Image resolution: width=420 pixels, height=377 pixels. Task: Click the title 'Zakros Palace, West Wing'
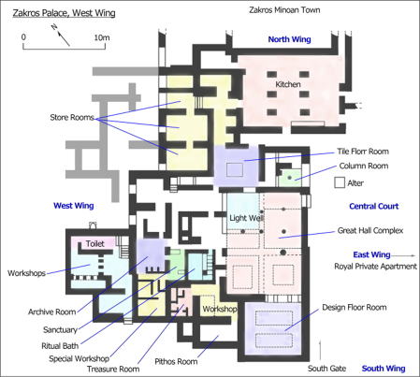pyautogui.click(x=64, y=13)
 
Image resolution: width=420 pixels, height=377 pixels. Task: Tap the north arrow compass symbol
pyautogui.click(x=61, y=36)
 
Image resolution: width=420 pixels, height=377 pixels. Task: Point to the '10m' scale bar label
pyautogui.click(x=102, y=37)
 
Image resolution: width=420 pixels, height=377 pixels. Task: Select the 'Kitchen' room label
pyautogui.click(x=288, y=84)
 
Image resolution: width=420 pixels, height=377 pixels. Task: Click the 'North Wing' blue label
pyautogui.click(x=290, y=39)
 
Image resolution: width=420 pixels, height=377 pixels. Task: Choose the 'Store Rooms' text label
pyautogui.click(x=72, y=117)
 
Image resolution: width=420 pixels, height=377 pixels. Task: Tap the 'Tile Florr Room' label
pyautogui.click(x=363, y=152)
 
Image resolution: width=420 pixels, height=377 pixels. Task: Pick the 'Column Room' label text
pyautogui.click(x=364, y=166)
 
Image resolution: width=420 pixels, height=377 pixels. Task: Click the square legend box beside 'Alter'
pyautogui.click(x=340, y=182)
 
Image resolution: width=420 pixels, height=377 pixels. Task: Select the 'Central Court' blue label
pyautogui.click(x=374, y=206)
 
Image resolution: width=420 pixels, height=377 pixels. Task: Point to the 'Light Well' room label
pyautogui.click(x=247, y=218)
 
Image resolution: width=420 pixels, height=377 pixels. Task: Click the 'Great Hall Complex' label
pyautogui.click(x=370, y=230)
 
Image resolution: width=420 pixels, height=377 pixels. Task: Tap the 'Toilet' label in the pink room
pyautogui.click(x=95, y=243)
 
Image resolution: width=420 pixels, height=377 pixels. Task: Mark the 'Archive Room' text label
pyautogui.click(x=52, y=312)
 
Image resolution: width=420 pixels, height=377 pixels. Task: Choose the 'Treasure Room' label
pyautogui.click(x=113, y=370)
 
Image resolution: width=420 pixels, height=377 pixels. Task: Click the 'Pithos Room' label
pyautogui.click(x=176, y=361)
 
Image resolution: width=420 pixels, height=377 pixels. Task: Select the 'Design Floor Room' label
pyautogui.click(x=355, y=308)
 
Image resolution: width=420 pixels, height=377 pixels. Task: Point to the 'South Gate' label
pyautogui.click(x=327, y=369)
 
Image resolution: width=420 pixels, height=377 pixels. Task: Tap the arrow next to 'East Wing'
pyautogui.click(x=404, y=255)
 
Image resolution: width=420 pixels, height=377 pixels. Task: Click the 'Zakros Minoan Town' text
pyautogui.click(x=284, y=10)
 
